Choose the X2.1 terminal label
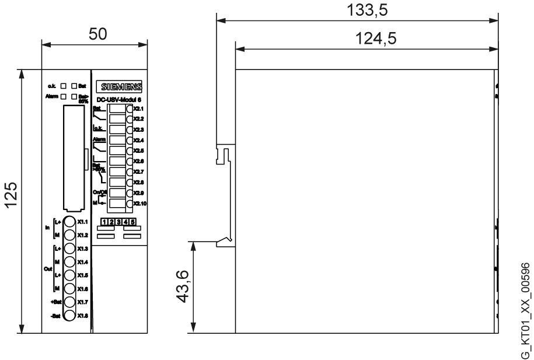coord(138,109)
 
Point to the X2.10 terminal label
coord(139,203)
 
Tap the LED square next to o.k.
coord(63,86)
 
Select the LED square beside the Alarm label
coord(63,96)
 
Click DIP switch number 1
coord(104,222)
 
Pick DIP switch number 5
coord(133,222)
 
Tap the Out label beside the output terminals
coord(48,269)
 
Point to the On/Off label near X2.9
coord(100,192)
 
